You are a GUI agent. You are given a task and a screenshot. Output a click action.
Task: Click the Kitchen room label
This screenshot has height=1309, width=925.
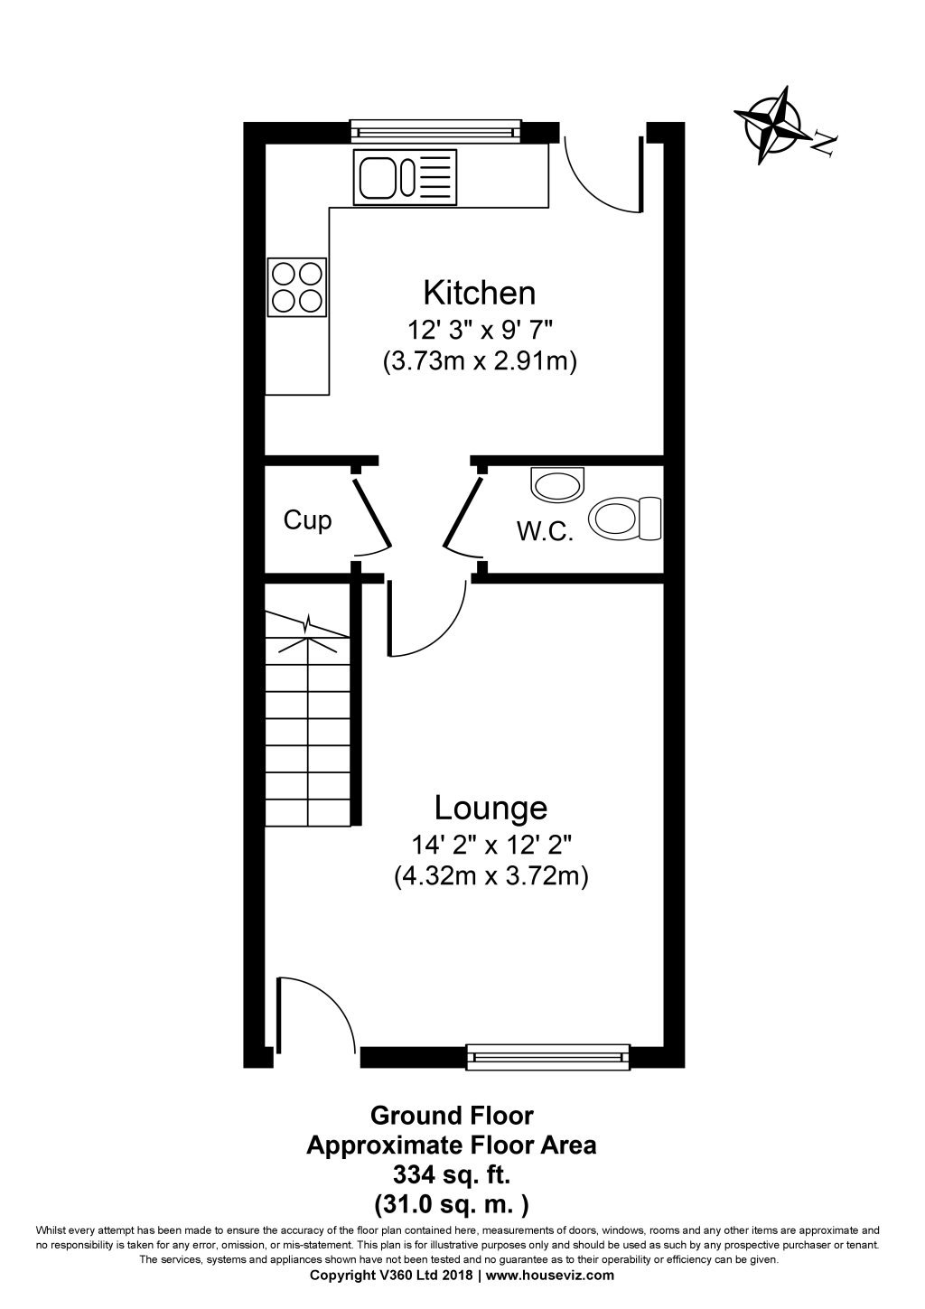(x=480, y=293)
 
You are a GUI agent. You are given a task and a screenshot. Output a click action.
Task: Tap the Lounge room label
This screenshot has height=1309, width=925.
(x=491, y=806)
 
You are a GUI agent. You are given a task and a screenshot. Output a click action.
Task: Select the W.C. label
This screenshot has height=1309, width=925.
(x=545, y=531)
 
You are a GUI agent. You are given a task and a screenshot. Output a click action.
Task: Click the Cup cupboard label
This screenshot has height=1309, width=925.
(x=308, y=520)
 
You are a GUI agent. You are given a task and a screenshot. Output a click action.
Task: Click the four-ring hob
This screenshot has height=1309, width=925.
(x=296, y=287)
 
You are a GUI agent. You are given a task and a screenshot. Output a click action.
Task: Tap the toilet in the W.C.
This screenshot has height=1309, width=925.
(x=624, y=519)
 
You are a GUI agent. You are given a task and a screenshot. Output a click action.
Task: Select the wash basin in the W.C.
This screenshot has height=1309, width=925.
(x=559, y=484)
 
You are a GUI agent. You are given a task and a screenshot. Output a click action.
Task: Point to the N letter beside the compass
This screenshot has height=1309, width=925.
(x=825, y=142)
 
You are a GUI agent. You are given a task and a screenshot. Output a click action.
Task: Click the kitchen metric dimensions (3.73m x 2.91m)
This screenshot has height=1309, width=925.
(x=480, y=361)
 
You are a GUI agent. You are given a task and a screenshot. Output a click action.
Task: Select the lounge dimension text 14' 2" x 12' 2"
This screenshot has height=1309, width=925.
(x=491, y=846)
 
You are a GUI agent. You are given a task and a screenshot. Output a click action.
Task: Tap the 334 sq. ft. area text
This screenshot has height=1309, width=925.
(x=451, y=1174)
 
